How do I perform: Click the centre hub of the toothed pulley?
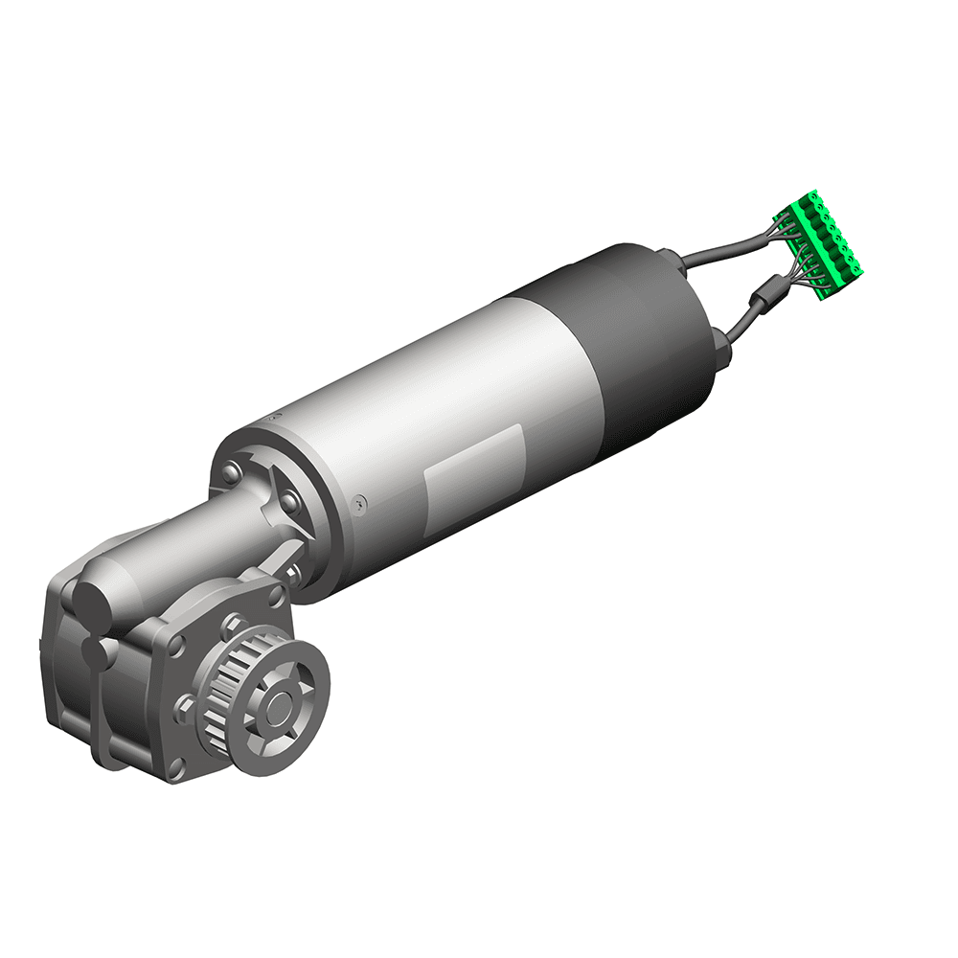(281, 708)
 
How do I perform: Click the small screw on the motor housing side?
(358, 500)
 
